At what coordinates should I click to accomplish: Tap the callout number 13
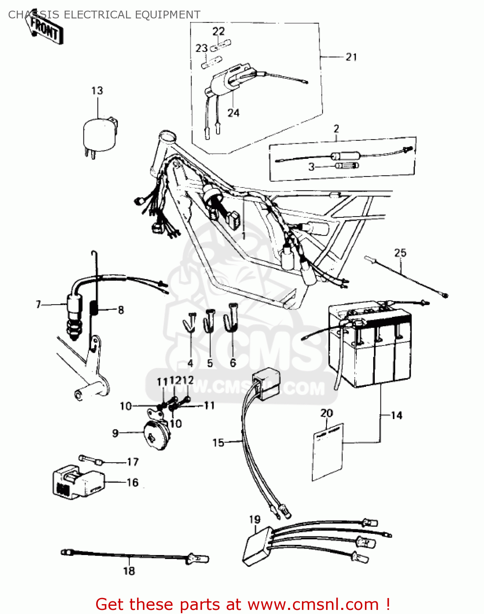[x=97, y=90]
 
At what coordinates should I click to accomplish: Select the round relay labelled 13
[x=99, y=133]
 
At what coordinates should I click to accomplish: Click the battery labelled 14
[x=370, y=348]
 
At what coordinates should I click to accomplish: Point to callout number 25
[x=400, y=253]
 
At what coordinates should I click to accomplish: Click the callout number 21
[x=351, y=57]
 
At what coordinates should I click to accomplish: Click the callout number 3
[x=312, y=167]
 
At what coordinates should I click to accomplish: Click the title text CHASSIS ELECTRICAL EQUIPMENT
[x=104, y=15]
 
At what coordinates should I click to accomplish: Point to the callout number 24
[x=233, y=113]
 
